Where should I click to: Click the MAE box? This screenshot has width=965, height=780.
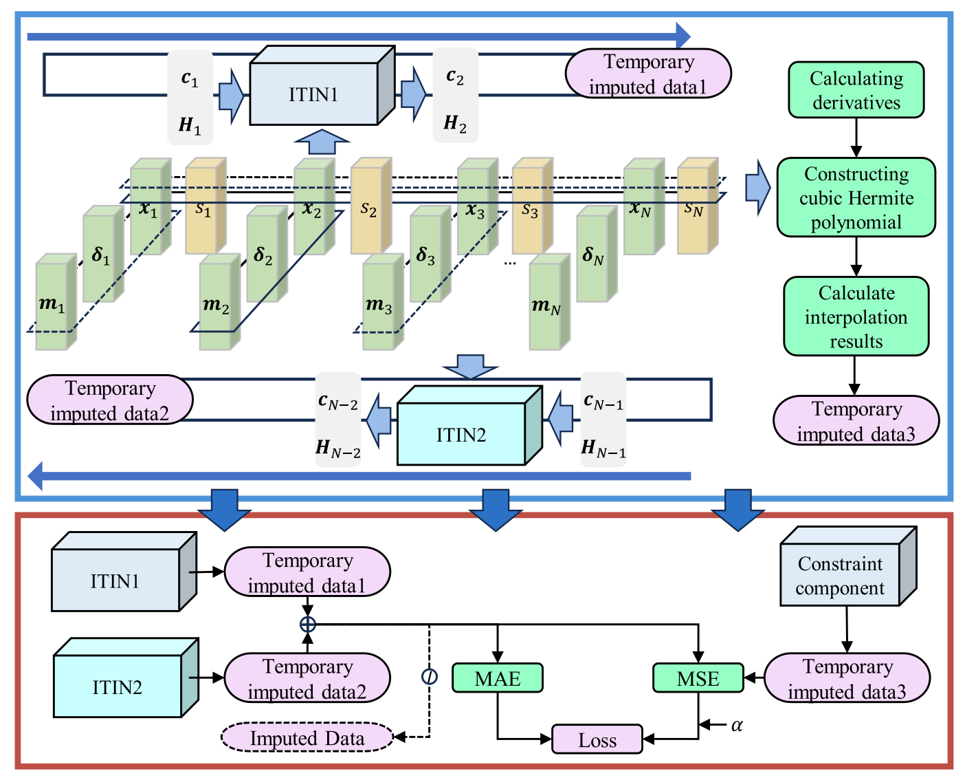[x=497, y=678]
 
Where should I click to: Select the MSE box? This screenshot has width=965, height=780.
[x=698, y=678]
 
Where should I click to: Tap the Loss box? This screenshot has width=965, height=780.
[x=597, y=739]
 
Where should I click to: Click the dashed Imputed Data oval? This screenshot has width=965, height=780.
[x=307, y=737]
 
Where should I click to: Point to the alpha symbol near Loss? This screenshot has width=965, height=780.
[x=737, y=725]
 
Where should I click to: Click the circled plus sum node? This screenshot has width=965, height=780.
[x=308, y=625]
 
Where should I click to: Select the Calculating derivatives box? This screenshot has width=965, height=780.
[x=856, y=89]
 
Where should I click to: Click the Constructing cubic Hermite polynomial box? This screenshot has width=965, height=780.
[x=856, y=197]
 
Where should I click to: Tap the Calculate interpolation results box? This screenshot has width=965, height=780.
[x=856, y=316]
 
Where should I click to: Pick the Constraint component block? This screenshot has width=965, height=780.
[x=848, y=567]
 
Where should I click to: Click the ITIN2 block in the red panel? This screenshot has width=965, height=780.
[x=126, y=678]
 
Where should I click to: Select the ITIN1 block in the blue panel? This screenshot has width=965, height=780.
[x=322, y=85]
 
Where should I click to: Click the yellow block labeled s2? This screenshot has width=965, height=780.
[x=371, y=205]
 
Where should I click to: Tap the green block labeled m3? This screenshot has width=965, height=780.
[x=383, y=301]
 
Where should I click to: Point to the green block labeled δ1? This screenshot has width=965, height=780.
[x=103, y=253]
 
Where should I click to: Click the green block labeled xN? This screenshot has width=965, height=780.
[x=644, y=206]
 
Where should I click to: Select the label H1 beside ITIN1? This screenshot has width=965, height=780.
[x=190, y=124]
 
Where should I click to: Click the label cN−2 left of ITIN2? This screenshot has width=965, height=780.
[x=338, y=400]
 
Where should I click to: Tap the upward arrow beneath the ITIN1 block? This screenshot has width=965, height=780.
[x=322, y=142]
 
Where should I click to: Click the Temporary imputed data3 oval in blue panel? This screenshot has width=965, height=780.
[x=856, y=420]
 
